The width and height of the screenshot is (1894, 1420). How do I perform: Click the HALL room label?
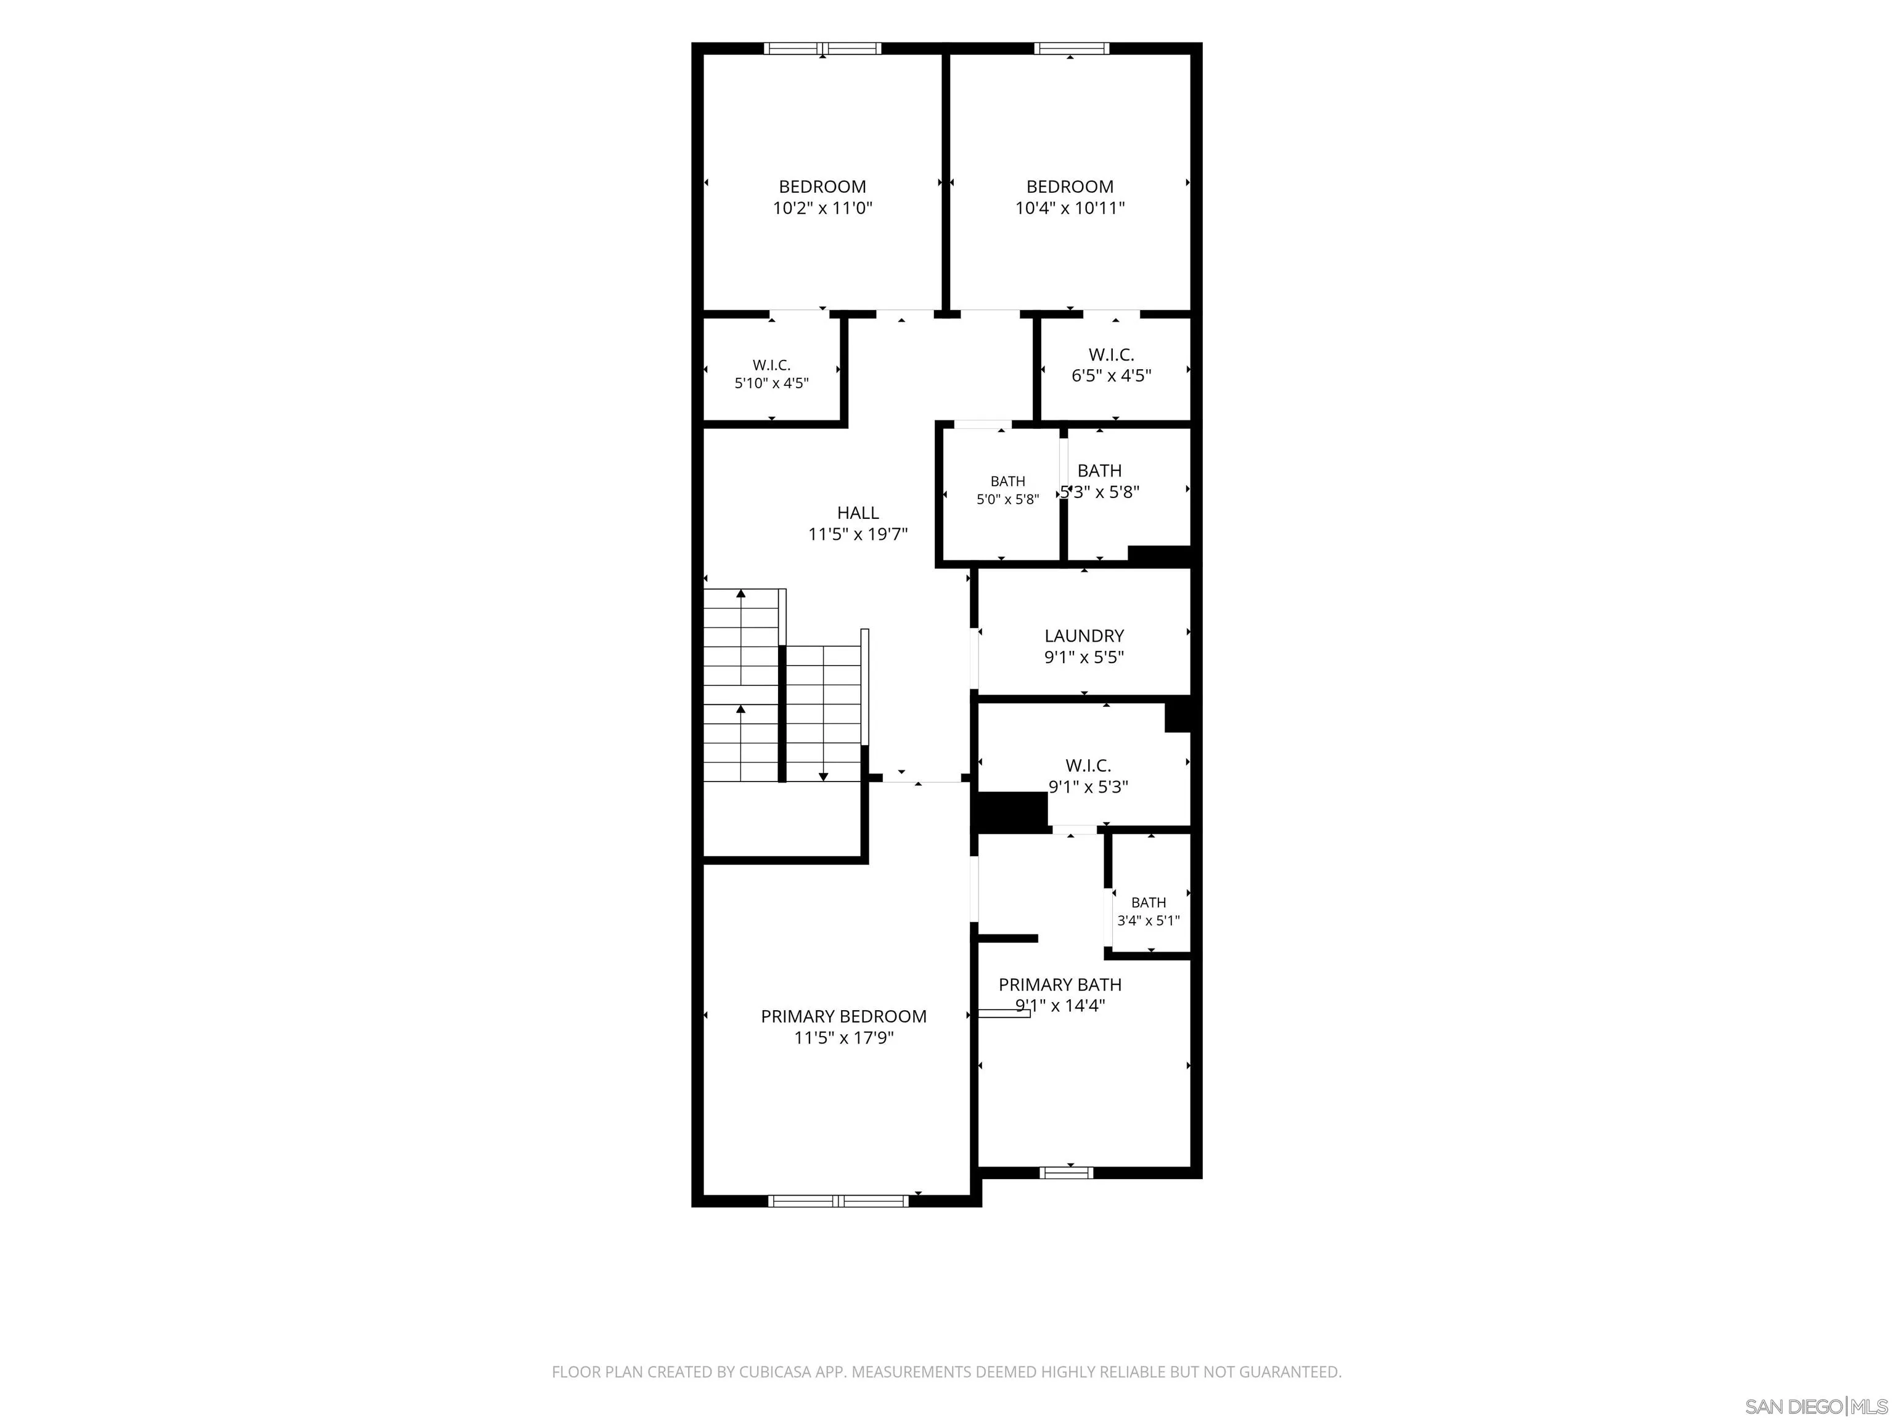pyautogui.click(x=858, y=513)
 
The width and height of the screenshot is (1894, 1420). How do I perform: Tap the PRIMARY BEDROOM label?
pyautogui.click(x=843, y=1016)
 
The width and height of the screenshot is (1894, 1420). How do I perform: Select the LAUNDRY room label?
pyautogui.click(x=1084, y=636)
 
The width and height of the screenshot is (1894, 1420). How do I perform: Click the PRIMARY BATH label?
pyautogui.click(x=1060, y=984)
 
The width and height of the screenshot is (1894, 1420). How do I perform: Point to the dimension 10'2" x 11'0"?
pyautogui.click(x=823, y=208)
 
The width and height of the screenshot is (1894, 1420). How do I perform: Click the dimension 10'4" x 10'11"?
pyautogui.click(x=1070, y=208)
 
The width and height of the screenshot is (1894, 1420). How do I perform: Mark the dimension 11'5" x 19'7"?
pyautogui.click(x=858, y=535)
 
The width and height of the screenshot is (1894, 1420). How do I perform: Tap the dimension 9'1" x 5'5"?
pyautogui.click(x=1084, y=658)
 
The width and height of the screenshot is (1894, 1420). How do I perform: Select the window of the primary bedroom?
pyautogui.click(x=838, y=1201)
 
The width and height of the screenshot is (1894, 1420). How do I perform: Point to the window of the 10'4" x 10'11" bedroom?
pyautogui.click(x=1071, y=48)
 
